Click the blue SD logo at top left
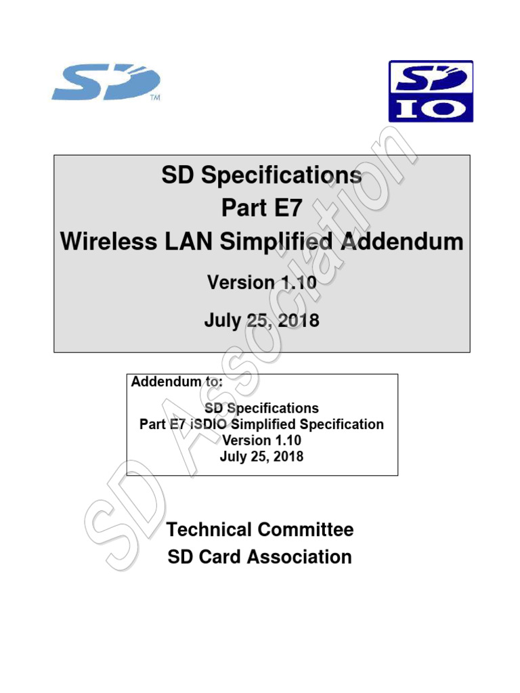pyautogui.click(x=105, y=83)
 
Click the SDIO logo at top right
pyautogui.click(x=430, y=91)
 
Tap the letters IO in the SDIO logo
pyautogui.click(x=430, y=108)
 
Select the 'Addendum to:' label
pyautogui.click(x=176, y=382)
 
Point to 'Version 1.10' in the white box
pyautogui.click(x=261, y=441)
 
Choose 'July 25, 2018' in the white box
pyautogui.click(x=261, y=456)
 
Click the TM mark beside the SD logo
pyautogui.click(x=154, y=97)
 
